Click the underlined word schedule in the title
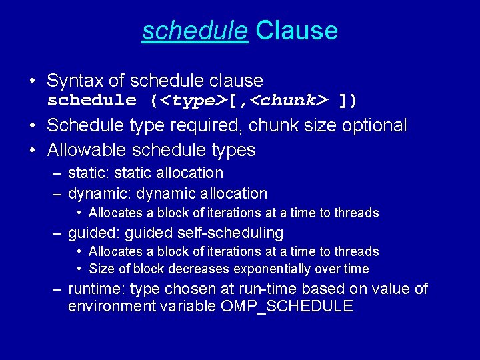click(x=195, y=31)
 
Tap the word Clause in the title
click(x=297, y=31)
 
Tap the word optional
click(x=374, y=126)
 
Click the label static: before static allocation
click(x=89, y=173)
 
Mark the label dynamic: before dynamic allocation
click(x=98, y=194)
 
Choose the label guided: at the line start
click(x=93, y=233)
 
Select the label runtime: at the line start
click(x=97, y=289)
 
